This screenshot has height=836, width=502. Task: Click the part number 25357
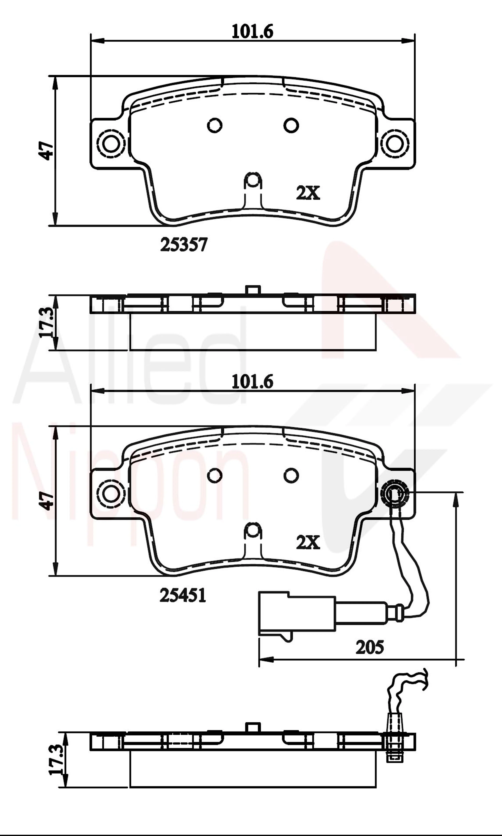tap(184, 245)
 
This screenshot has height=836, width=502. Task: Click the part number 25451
tap(183, 595)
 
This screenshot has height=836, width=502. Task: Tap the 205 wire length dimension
tap(370, 647)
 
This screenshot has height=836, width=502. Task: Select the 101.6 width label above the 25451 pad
tap(252, 382)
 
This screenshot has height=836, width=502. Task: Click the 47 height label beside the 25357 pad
tap(46, 151)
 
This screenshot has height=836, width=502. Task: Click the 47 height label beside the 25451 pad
tap(46, 501)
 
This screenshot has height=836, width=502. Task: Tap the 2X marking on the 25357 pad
tap(308, 193)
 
